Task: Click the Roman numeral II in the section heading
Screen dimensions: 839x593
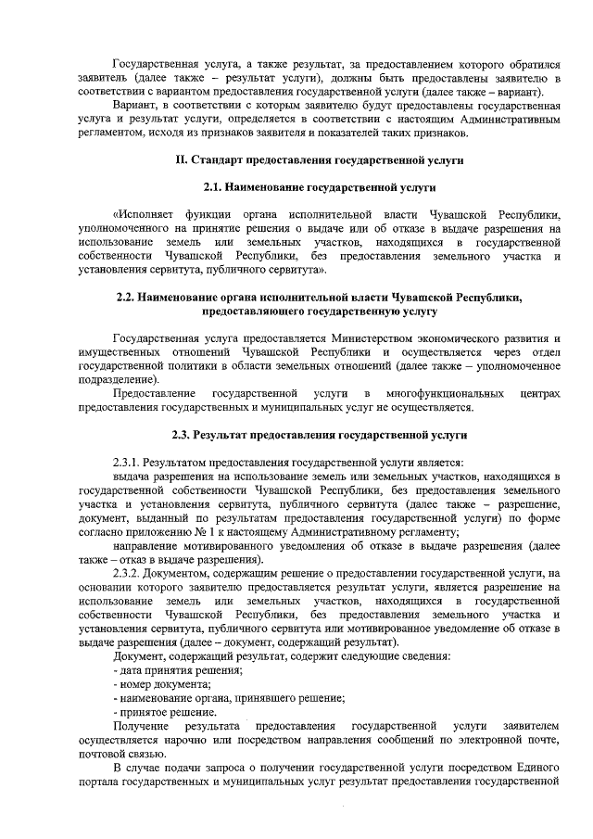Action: click(182, 160)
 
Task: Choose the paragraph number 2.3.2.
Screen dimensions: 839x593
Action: click(128, 575)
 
